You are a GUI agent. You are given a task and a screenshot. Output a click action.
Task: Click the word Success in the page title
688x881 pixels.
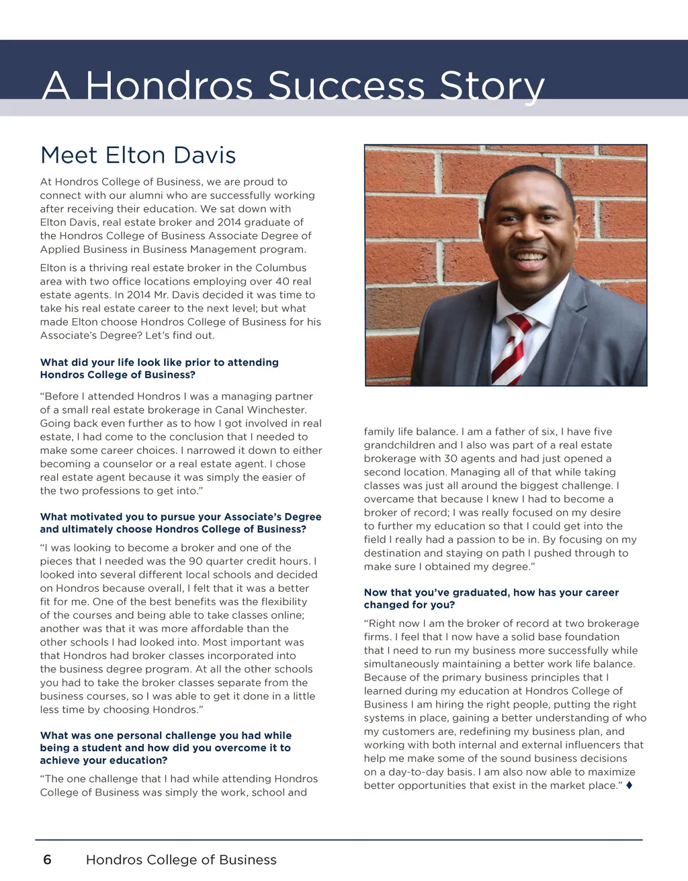point(347,86)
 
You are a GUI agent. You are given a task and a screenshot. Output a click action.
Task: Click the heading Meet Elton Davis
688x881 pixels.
point(138,155)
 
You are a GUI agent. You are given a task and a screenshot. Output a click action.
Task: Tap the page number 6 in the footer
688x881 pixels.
point(47,859)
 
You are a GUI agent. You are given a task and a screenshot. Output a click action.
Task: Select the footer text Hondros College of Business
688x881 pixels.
point(181,859)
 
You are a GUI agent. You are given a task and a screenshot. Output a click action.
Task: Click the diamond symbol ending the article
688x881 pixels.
point(629,785)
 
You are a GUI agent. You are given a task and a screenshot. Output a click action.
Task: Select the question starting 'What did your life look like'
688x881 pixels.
point(159,369)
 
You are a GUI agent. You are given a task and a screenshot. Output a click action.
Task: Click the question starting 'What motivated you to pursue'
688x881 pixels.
point(180,523)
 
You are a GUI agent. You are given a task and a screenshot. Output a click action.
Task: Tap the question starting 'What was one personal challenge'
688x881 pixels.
point(165,748)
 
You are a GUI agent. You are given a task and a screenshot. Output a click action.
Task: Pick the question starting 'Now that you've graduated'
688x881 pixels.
point(490,599)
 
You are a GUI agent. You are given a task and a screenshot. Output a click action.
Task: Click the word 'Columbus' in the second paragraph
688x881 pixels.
point(278,268)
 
